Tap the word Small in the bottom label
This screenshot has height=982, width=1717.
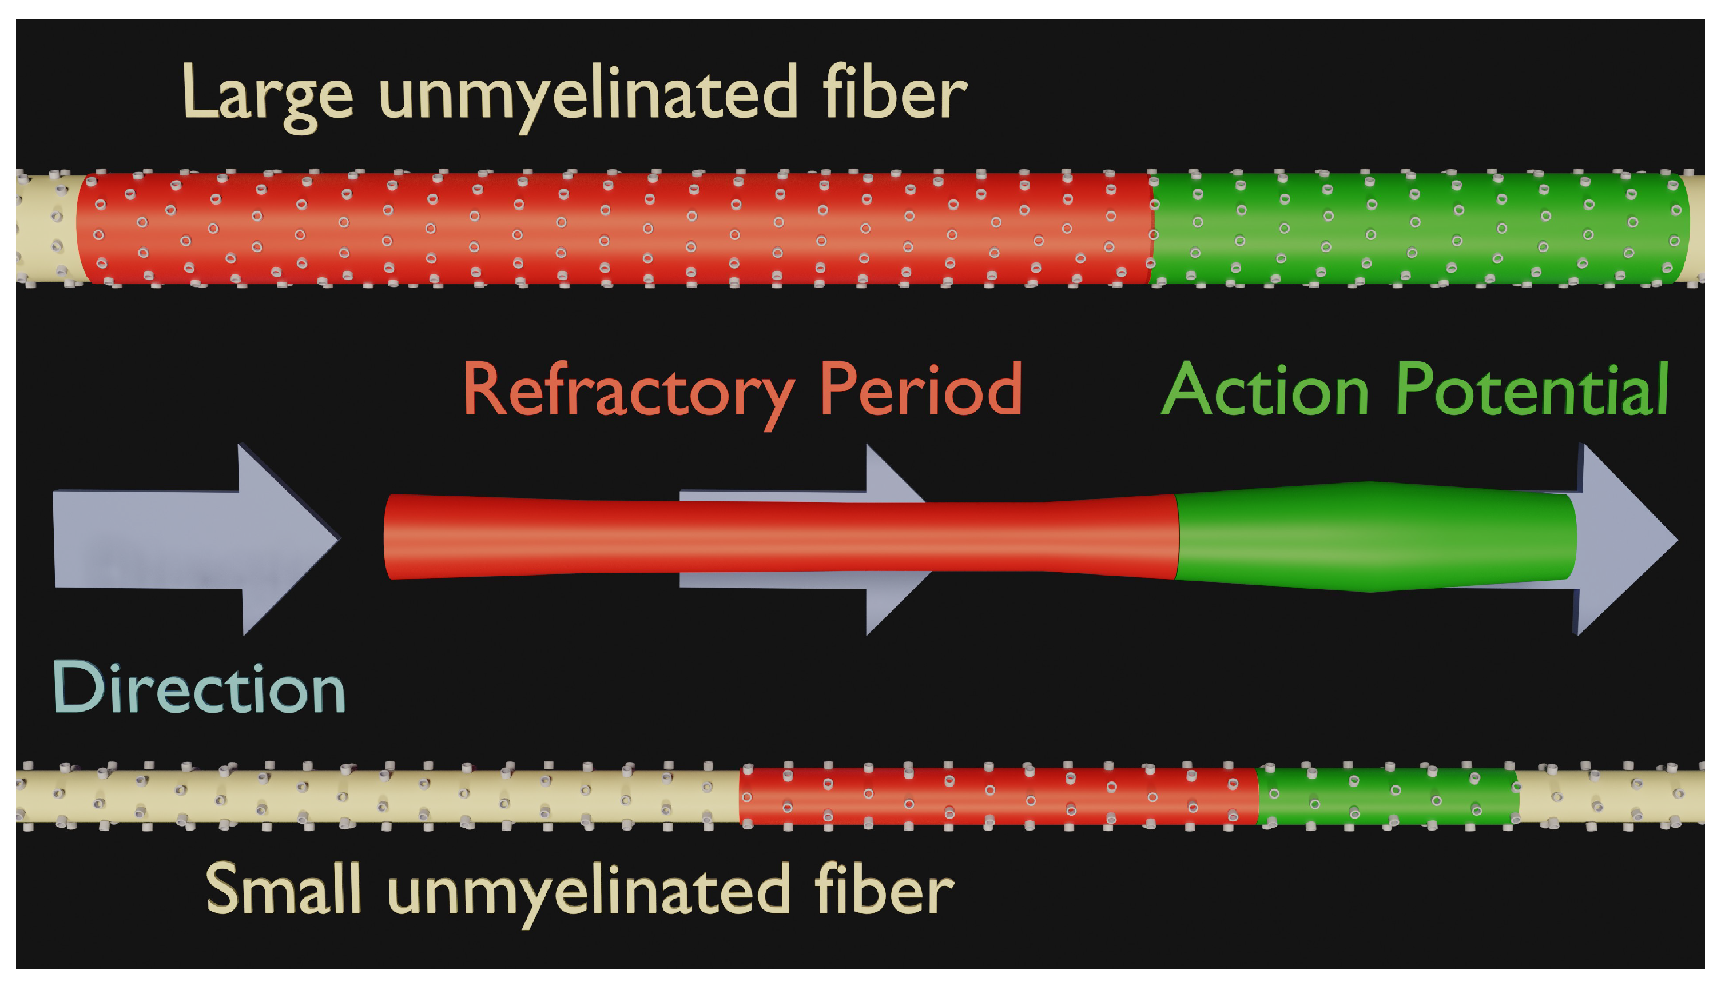click(283, 888)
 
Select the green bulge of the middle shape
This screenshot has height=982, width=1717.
click(1376, 537)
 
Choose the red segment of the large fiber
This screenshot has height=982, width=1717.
click(614, 229)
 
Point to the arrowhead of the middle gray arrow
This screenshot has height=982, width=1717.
click(897, 539)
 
